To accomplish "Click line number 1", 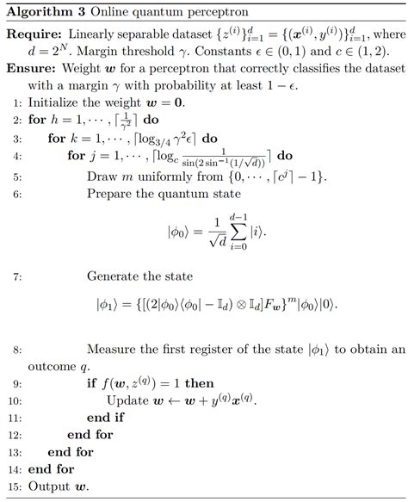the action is coord(17,102).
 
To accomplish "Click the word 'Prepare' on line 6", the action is coord(112,196).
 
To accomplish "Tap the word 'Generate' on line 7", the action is coord(116,276).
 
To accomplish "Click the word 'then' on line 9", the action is coord(195,384).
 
